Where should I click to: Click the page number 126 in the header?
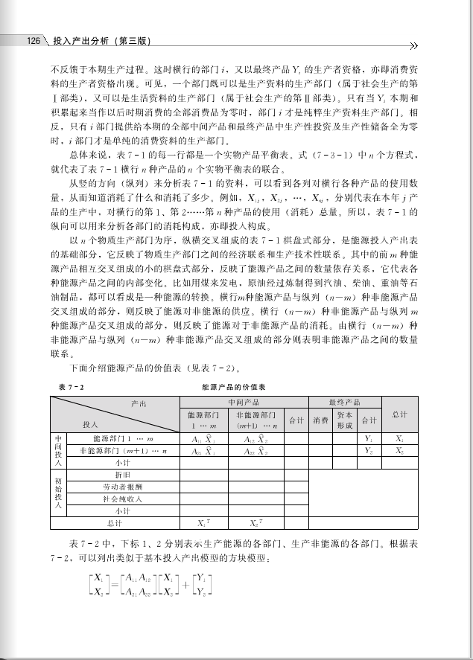click(32, 41)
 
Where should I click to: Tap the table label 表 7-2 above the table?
click(71, 388)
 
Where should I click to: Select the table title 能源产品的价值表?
click(234, 388)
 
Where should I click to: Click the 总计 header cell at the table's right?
click(399, 414)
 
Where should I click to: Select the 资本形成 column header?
click(345, 420)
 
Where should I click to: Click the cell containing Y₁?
click(368, 438)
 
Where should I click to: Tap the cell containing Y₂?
click(368, 450)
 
